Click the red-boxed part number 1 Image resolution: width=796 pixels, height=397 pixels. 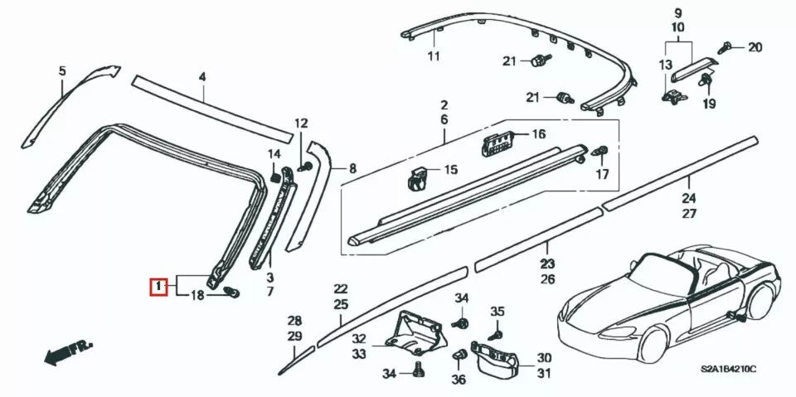click(x=158, y=287)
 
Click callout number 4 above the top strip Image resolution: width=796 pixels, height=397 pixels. click(x=201, y=78)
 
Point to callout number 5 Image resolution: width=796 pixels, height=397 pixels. click(x=61, y=71)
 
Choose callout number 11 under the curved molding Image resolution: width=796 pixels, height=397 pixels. click(x=433, y=56)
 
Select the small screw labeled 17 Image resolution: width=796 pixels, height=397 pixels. click(x=601, y=153)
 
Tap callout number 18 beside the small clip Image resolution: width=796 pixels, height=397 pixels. click(x=198, y=296)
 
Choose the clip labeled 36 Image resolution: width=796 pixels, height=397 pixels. click(x=458, y=356)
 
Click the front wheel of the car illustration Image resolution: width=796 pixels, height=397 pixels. click(x=654, y=341)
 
